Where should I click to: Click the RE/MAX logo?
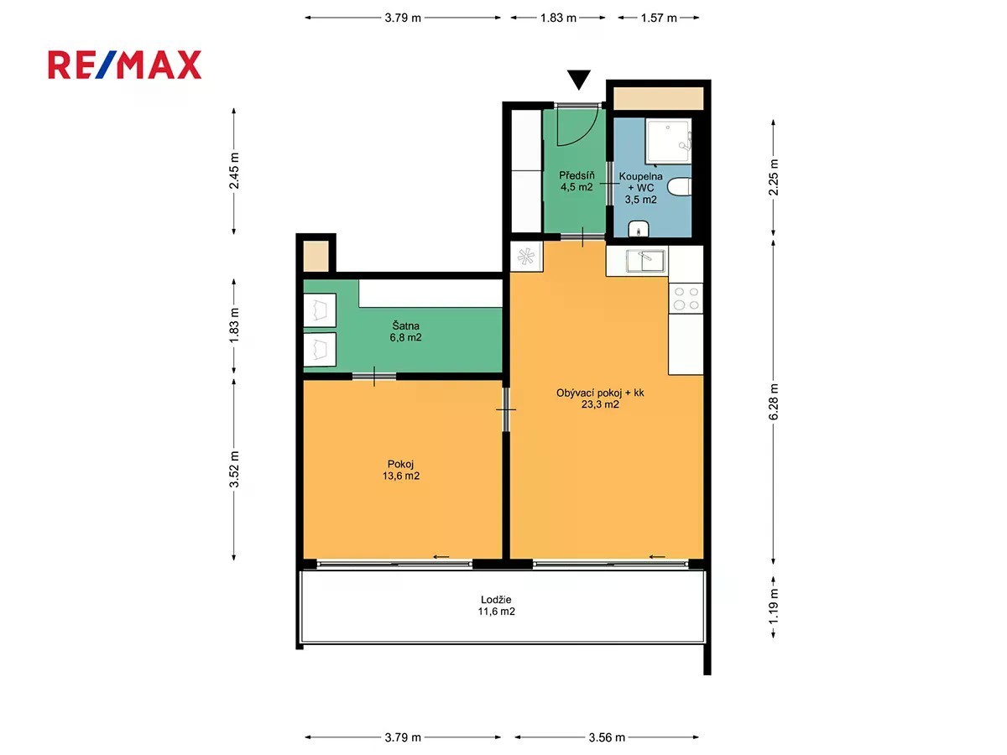[124, 65]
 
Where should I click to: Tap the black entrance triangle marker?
[578, 80]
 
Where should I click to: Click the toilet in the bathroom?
[680, 187]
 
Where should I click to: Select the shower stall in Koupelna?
[668, 141]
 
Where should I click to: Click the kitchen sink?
[645, 261]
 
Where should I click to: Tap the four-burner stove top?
[686, 299]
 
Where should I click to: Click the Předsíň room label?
[577, 181]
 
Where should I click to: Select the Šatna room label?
[405, 332]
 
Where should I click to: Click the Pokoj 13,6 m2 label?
[401, 470]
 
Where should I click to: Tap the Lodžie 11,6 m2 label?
[497, 606]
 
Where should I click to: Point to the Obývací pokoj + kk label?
[600, 393]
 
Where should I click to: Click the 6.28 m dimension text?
[774, 402]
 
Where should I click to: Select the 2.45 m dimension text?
[234, 170]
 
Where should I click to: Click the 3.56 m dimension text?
[607, 737]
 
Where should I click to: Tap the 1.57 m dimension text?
[659, 18]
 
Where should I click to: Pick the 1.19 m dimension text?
[774, 606]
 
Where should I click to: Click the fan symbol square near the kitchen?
[526, 257]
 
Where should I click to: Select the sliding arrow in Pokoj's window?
[441, 557]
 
